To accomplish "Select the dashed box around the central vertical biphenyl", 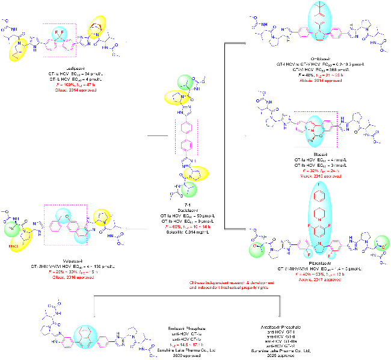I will (x=185, y=137).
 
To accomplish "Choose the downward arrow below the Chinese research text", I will (x=281, y=308).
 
